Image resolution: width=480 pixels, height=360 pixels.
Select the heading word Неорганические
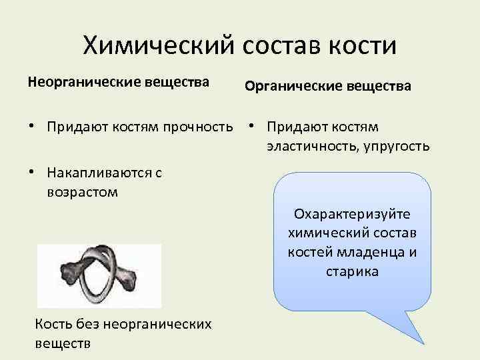click(73, 83)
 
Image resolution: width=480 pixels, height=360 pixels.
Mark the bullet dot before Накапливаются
click(31, 173)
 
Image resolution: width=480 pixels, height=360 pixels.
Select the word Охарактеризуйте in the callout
click(353, 215)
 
